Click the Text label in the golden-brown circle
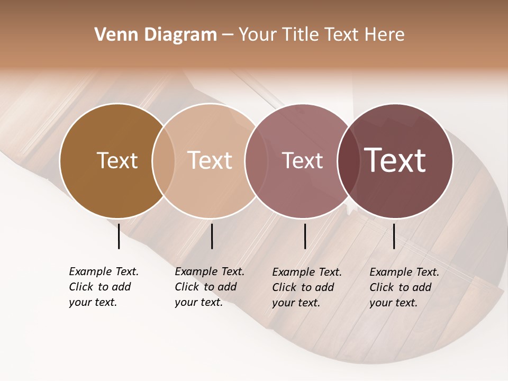coord(117,160)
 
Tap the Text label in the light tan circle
coord(210,160)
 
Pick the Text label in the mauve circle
coord(302,160)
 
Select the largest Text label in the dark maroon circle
coord(395,160)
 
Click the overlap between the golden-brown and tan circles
coord(164,161)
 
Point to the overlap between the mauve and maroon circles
coord(349,161)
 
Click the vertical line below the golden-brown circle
coord(119,236)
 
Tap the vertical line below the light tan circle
coord(212,236)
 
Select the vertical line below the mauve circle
coord(305,236)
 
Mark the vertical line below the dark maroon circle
coord(394,236)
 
